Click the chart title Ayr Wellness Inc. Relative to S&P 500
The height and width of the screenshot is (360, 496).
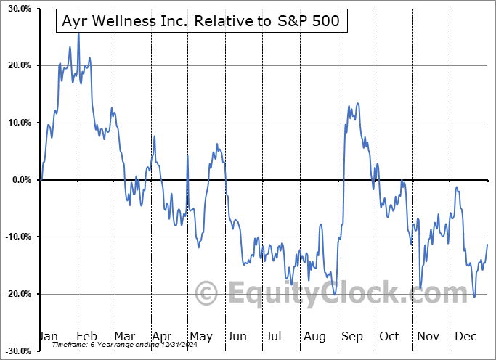click(202, 22)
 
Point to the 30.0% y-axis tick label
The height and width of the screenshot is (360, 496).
click(17, 9)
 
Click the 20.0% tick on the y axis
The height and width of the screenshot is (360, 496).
click(17, 66)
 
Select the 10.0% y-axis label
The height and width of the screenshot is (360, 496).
click(17, 123)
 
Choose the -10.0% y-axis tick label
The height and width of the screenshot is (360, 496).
click(15, 237)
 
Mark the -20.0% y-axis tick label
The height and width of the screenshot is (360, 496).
click(15, 294)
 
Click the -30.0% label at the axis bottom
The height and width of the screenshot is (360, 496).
click(15, 351)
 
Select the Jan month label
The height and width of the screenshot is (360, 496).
click(48, 337)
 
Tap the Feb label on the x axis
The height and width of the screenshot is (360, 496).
click(86, 337)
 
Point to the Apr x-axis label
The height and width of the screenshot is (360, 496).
click(161, 337)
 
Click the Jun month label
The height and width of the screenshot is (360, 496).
click(237, 337)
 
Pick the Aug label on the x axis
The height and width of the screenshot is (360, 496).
click(314, 337)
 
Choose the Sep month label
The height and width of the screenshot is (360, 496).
click(351, 337)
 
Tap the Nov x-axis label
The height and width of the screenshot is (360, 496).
click(428, 337)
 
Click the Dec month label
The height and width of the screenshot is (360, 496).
click(465, 337)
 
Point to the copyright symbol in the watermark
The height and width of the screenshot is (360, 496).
click(207, 294)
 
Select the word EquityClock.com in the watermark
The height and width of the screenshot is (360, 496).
click(348, 294)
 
